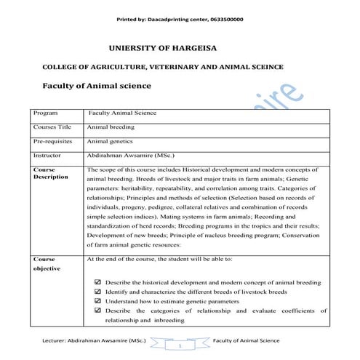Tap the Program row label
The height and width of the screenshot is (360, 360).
(x=45, y=114)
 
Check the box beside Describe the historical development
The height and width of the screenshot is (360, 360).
(x=98, y=282)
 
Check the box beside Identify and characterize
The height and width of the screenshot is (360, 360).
(x=98, y=292)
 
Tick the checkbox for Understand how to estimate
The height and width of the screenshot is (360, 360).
(x=98, y=301)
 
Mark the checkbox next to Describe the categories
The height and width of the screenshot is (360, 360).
(x=98, y=311)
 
